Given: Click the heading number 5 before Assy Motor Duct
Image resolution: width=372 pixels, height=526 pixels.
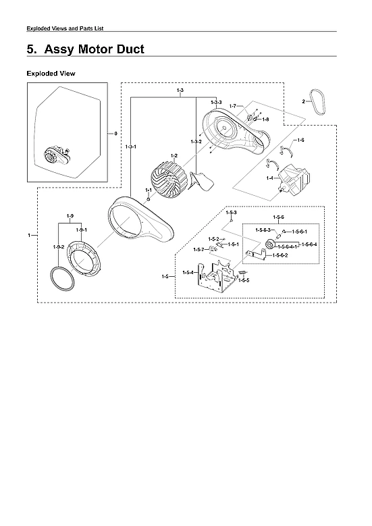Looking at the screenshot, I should point(31,50).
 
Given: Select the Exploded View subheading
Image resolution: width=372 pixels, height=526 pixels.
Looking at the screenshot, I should point(51,73).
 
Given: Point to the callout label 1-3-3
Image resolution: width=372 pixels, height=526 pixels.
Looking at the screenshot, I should point(216,102).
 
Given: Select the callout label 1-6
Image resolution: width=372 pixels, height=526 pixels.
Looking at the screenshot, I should point(300,140).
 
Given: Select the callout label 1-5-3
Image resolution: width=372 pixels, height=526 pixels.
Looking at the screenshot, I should point(231,213).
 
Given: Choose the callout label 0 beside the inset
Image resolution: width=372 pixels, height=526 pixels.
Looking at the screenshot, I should point(115,134).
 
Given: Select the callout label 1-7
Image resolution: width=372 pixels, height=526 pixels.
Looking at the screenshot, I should point(232,107).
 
